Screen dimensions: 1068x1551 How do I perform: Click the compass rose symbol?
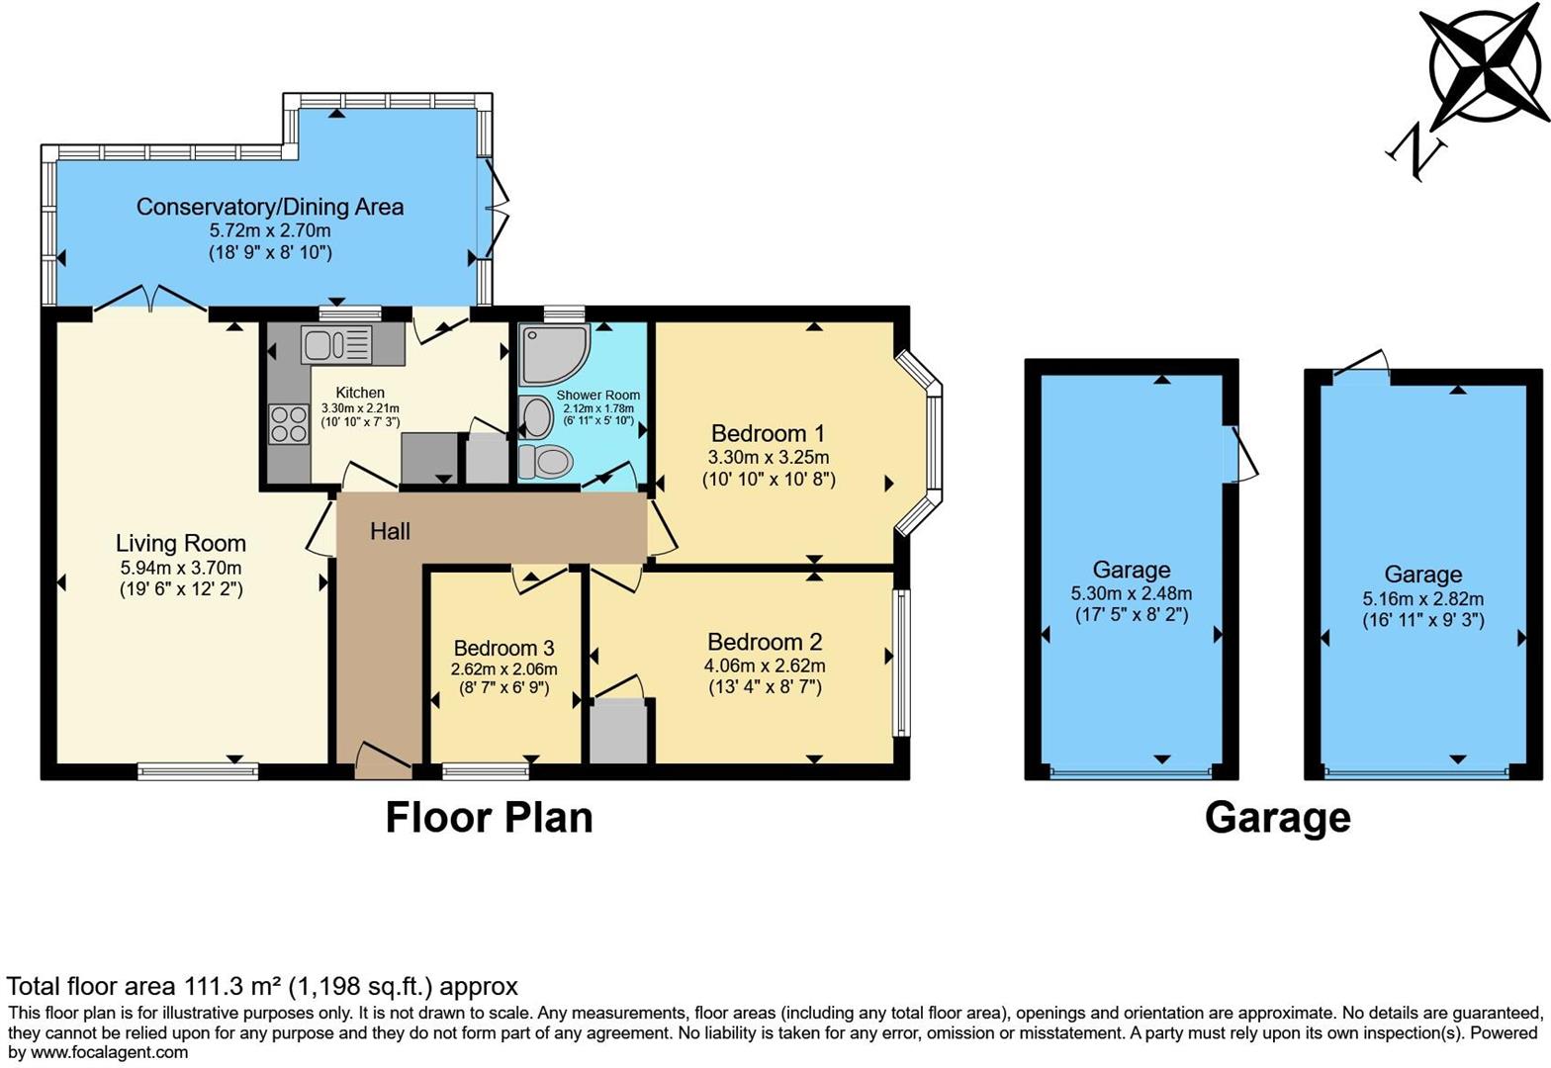(1489, 66)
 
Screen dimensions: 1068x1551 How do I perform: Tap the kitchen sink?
(336, 345)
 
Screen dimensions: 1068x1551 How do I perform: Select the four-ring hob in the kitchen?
(288, 424)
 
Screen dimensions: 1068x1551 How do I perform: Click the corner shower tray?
(553, 353)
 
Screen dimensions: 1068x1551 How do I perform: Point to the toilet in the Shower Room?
(546, 461)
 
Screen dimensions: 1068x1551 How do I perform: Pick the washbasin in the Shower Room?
(536, 417)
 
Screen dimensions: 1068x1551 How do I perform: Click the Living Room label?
(180, 543)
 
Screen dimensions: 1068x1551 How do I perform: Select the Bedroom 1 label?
(768, 433)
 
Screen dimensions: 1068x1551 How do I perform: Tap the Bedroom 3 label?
(503, 648)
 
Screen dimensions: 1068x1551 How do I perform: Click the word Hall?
(390, 532)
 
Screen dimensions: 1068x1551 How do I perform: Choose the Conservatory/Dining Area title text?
(269, 207)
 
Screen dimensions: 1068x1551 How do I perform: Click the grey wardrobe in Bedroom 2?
(619, 731)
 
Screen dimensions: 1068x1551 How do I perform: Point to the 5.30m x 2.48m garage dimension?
(1131, 594)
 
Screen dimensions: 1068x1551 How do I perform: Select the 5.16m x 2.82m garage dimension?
(1422, 598)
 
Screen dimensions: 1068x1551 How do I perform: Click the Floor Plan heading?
(489, 818)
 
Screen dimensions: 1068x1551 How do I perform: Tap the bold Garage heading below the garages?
(1277, 818)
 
